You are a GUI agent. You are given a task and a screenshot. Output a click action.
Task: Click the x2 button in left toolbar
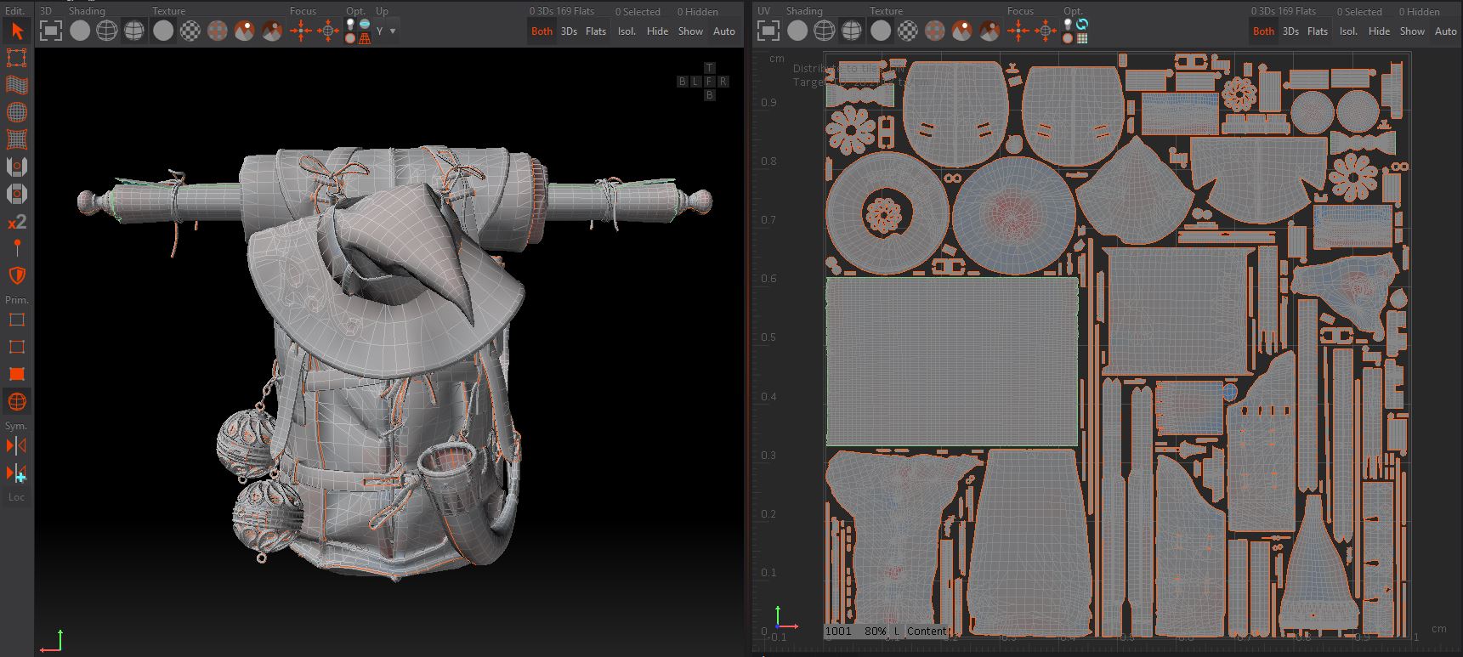pyautogui.click(x=17, y=222)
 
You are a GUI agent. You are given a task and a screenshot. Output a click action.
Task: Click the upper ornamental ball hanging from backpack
pyautogui.click(x=247, y=439)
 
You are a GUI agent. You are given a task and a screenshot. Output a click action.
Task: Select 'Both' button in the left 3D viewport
pyautogui.click(x=542, y=31)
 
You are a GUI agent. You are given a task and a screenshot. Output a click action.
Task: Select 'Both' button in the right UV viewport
pyautogui.click(x=1263, y=31)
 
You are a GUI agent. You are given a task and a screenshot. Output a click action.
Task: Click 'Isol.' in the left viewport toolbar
pyautogui.click(x=627, y=31)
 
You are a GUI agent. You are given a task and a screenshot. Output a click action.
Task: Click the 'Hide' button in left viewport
pyautogui.click(x=657, y=31)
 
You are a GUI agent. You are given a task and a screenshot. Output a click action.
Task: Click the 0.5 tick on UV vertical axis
pyautogui.click(x=768, y=337)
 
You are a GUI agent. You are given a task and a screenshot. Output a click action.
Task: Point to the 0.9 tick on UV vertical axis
pyautogui.click(x=768, y=102)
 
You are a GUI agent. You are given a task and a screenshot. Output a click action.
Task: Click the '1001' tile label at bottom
pyautogui.click(x=838, y=632)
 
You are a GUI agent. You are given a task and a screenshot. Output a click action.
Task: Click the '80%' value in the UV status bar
pyautogui.click(x=875, y=632)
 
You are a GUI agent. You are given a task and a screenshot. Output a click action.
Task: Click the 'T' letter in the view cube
pyautogui.click(x=709, y=68)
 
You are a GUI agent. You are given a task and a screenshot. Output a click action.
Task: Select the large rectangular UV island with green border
pyautogui.click(x=951, y=361)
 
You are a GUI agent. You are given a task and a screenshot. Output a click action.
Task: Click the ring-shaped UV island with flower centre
pyautogui.click(x=886, y=212)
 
